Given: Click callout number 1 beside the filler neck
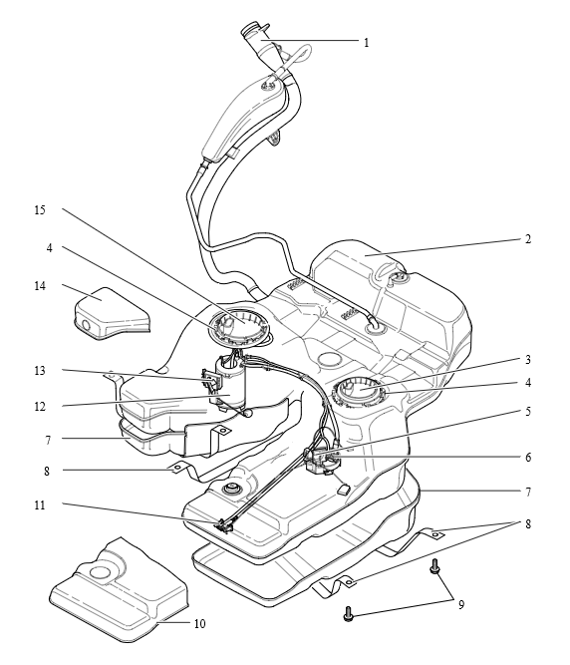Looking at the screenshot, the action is point(366,43).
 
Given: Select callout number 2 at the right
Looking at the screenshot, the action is point(527,239).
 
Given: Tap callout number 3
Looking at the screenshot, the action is point(527,360).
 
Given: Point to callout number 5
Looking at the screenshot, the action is point(527,412).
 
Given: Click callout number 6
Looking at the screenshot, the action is point(527,458).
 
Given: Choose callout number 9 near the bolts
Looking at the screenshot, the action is point(461,605).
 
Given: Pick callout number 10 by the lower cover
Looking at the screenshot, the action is point(199,624).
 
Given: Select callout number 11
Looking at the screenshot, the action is point(40,505).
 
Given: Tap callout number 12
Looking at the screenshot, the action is point(40,407).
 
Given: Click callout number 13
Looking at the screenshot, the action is point(40,371).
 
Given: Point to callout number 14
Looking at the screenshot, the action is point(40,286).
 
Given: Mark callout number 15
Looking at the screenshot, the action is point(40,210).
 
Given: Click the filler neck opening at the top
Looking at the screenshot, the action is point(253,30).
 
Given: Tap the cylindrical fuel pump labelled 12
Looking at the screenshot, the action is point(230,385).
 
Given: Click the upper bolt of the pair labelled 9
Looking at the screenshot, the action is point(434,566).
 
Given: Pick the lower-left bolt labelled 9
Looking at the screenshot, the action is point(349,614).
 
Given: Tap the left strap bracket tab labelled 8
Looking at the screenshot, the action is point(177,468).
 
